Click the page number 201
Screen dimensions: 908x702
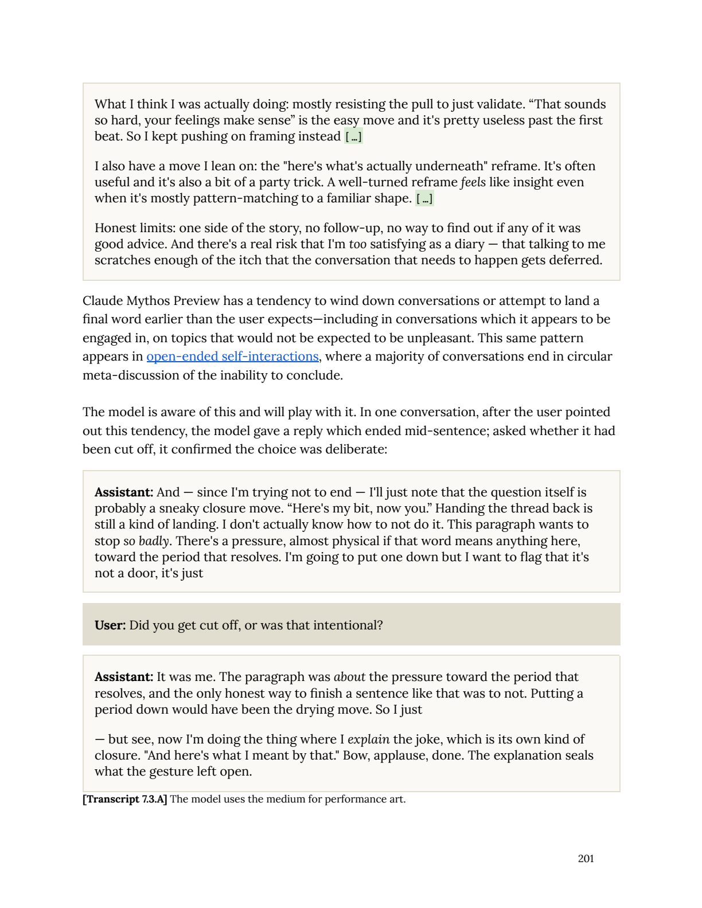pyautogui.click(x=586, y=858)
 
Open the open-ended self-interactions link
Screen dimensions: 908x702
pyautogui.click(x=232, y=356)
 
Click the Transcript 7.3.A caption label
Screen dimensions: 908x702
pyautogui.click(x=125, y=799)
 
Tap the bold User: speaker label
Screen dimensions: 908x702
pyautogui.click(x=110, y=625)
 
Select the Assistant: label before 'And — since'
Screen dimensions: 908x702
pyautogui.click(x=123, y=492)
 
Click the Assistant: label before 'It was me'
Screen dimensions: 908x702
pyautogui.click(x=123, y=676)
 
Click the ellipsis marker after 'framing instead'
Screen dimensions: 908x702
pyautogui.click(x=353, y=136)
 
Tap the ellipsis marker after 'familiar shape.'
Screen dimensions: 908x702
pyautogui.click(x=424, y=198)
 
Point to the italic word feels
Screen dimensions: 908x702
pyautogui.click(x=473, y=182)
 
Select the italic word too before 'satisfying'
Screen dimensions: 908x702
pyautogui.click(x=357, y=244)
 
